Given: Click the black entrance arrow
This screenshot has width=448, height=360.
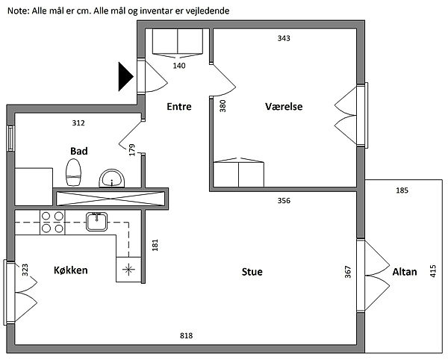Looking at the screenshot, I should click(x=125, y=76).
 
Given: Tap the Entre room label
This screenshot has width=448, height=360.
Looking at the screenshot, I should click(x=178, y=107).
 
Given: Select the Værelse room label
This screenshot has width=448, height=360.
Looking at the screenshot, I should click(x=284, y=107).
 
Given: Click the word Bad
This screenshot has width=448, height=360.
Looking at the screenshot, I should click(x=79, y=151).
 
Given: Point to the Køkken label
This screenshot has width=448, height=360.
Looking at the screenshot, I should click(x=71, y=270).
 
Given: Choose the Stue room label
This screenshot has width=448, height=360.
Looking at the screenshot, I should click(x=252, y=272).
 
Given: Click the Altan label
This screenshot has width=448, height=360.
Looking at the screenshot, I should click(x=404, y=273).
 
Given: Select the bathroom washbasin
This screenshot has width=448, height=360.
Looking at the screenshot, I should click(x=113, y=178).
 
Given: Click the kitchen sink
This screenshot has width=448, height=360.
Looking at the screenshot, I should click(x=96, y=221).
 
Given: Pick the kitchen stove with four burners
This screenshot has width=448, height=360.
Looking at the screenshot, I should click(x=52, y=222).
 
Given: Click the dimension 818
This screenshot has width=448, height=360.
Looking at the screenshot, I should click(x=187, y=336).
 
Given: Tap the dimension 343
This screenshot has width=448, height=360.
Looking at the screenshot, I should click(x=284, y=38).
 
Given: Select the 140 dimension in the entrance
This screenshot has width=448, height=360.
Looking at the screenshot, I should click(x=179, y=65).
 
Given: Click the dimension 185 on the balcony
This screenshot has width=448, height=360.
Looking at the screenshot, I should click(x=402, y=191).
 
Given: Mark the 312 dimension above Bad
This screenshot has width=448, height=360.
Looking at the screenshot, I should click(x=78, y=123).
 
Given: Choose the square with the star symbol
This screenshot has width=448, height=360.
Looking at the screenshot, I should click(x=128, y=269).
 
